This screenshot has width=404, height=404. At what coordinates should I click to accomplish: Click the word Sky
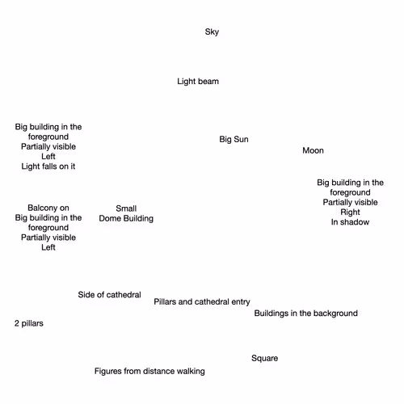point(212,32)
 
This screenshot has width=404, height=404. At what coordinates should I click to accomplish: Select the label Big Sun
point(234,139)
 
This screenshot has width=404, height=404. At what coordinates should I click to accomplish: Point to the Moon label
point(313,150)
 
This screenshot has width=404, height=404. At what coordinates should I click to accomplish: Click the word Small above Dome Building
point(126,208)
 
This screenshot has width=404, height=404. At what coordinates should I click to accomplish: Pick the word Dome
point(109,218)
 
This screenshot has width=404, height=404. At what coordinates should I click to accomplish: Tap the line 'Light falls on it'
point(48,166)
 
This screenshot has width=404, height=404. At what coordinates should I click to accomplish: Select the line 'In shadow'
point(350,222)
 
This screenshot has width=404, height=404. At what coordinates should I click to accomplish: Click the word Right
point(350,213)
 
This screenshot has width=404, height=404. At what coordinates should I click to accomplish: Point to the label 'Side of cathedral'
point(109,295)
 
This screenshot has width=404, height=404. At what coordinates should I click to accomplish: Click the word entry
point(241,302)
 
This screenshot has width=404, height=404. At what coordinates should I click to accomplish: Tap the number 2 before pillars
point(17,323)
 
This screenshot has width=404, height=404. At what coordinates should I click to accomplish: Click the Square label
point(264,359)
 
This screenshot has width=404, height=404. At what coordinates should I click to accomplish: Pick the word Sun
point(241,139)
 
